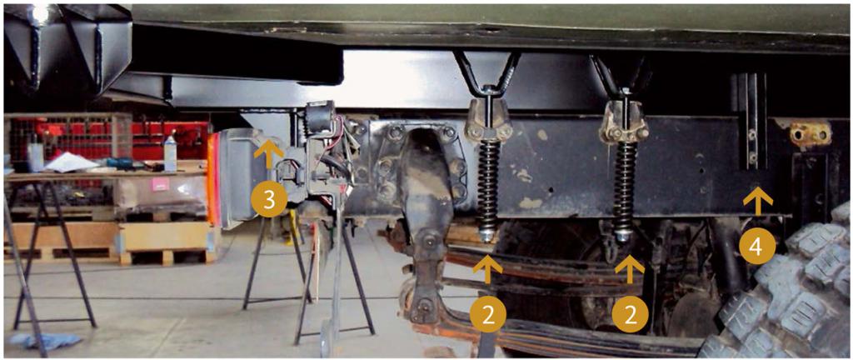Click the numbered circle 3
[269, 201]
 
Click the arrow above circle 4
[757, 202]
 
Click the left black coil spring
[488, 184]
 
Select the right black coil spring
[626, 185]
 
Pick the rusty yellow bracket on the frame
[811, 133]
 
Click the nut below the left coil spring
[486, 236]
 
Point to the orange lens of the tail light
[212, 179]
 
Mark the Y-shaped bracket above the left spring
[488, 73]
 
